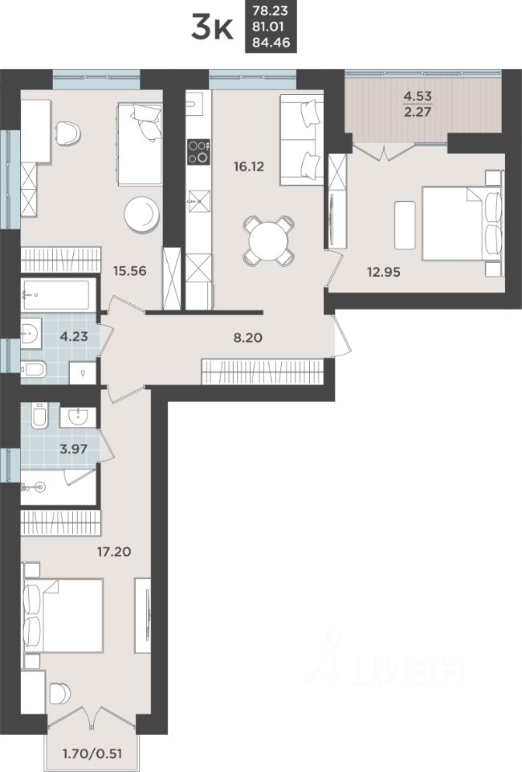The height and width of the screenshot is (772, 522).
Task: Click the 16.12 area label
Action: (249, 168)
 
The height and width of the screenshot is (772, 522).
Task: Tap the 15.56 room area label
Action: (129, 271)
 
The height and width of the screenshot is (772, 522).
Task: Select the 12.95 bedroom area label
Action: (381, 271)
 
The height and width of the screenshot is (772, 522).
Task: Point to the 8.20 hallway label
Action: (249, 338)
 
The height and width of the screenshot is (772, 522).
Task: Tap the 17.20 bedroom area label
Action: (112, 552)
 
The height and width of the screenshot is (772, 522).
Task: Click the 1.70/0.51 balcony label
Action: (91, 754)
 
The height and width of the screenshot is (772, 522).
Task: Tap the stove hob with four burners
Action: (198, 151)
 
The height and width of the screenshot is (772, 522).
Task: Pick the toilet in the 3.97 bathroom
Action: (39, 417)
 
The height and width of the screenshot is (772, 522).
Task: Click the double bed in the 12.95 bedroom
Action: (458, 223)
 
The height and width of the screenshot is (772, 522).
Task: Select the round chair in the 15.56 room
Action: (142, 213)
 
